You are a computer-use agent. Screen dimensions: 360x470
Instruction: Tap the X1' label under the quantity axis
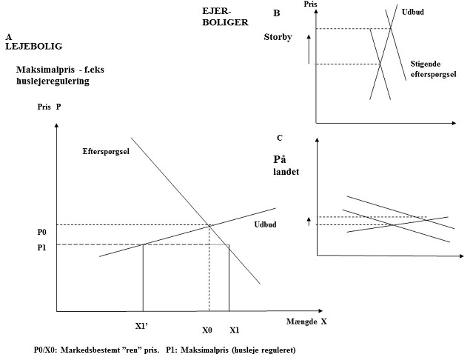coord(143,327)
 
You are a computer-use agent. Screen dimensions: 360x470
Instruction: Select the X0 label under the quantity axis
coord(208,330)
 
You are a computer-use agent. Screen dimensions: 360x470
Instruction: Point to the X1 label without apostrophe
coord(234,330)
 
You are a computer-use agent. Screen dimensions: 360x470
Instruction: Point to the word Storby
coord(278,37)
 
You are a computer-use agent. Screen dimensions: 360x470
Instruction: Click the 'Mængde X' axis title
coord(306,322)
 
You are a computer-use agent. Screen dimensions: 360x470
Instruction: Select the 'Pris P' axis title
coord(49,107)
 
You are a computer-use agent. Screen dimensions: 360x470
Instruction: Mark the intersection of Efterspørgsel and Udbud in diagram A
coord(210,225)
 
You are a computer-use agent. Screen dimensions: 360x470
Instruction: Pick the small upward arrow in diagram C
coord(309,220)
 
